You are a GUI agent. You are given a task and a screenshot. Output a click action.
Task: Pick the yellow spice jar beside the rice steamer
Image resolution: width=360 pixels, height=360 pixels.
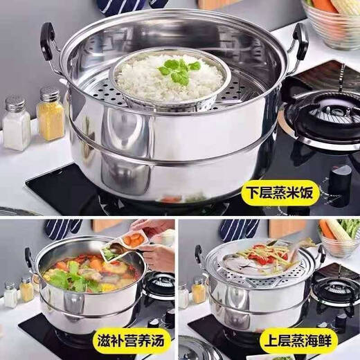point(50,114)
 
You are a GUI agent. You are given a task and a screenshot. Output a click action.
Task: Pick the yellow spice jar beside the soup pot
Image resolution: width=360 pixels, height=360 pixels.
point(27,289)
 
